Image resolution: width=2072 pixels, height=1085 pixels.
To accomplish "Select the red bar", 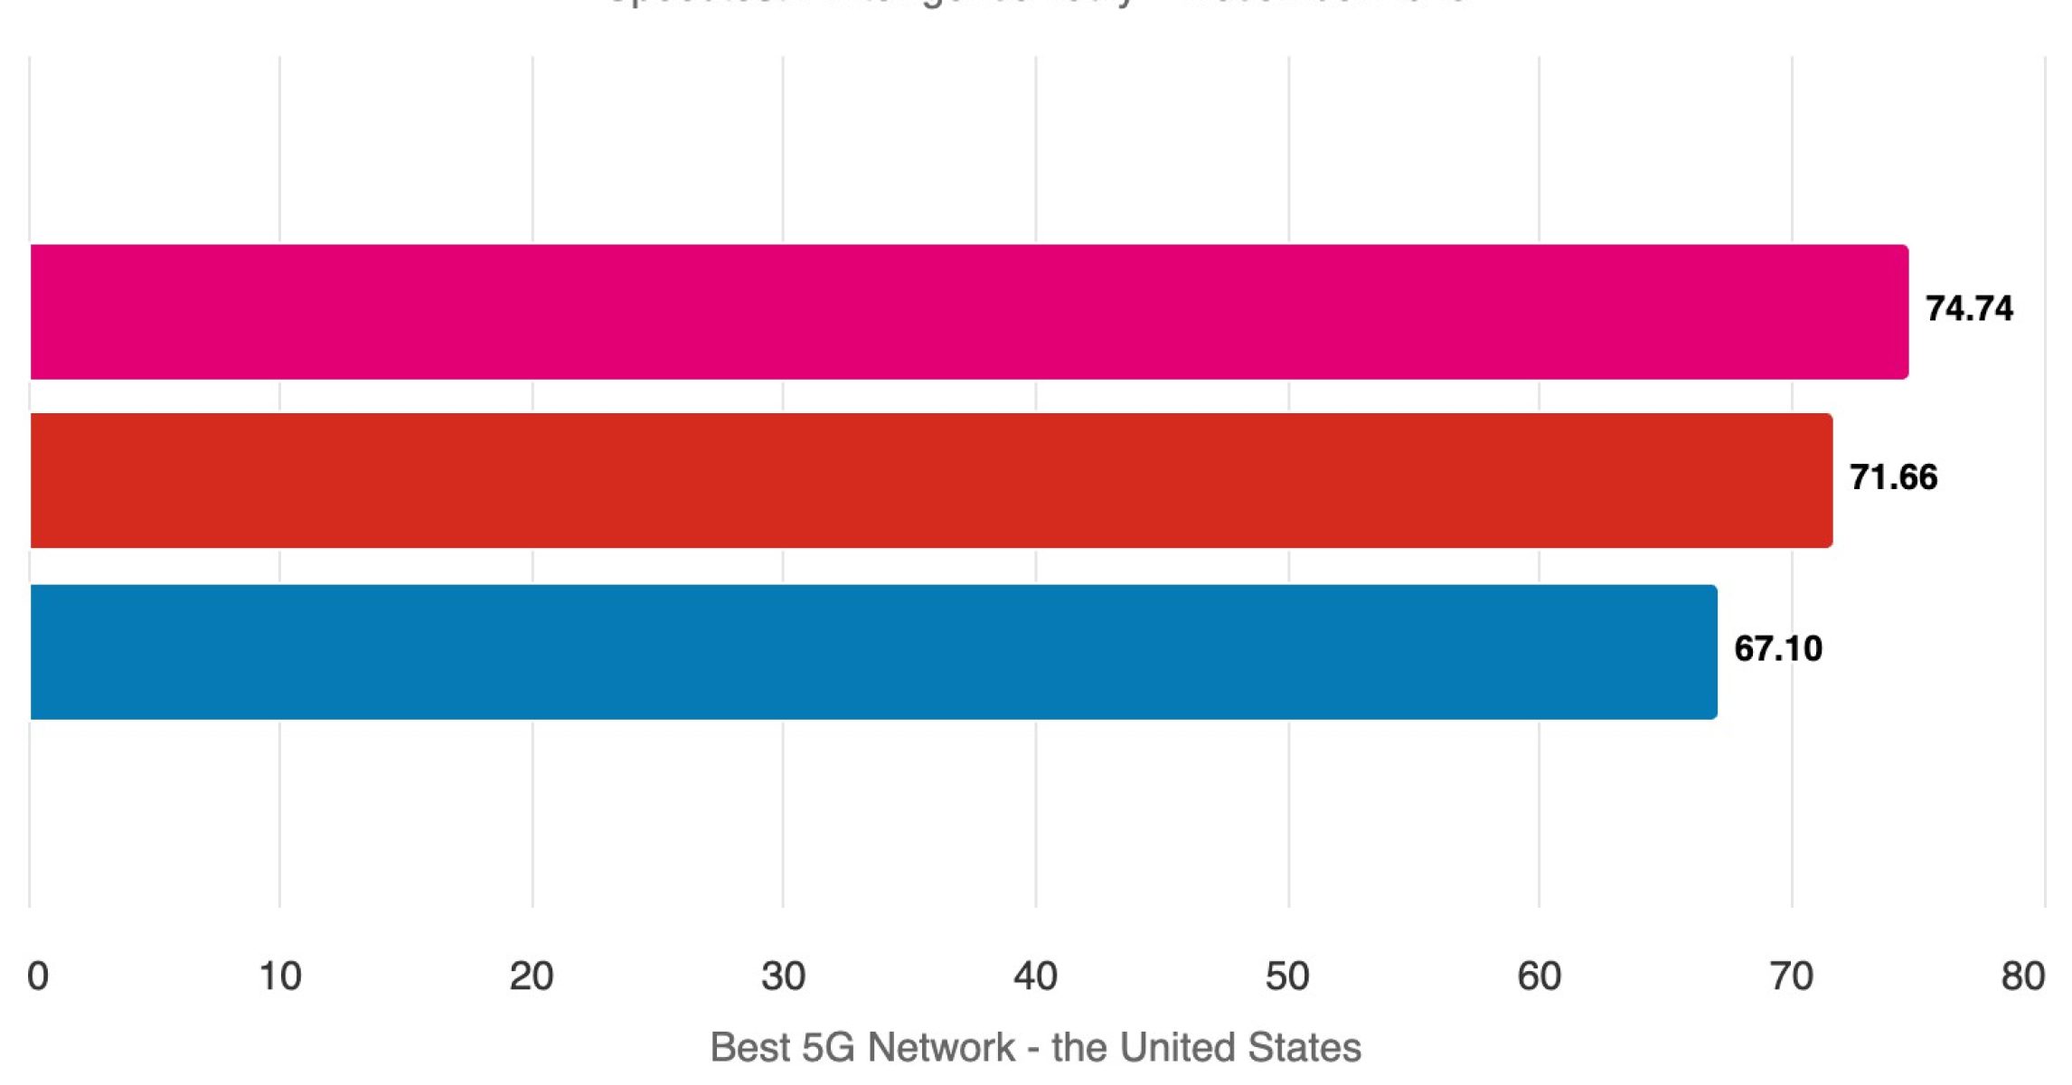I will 931,481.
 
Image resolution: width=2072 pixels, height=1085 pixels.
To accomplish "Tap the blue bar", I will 873,652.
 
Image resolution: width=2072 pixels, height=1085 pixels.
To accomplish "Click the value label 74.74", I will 1969,309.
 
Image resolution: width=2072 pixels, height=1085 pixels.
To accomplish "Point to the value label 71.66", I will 1893,477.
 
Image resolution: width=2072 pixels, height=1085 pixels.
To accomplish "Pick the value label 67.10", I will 1777,649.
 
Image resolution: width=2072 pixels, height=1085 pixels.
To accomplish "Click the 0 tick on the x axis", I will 38,976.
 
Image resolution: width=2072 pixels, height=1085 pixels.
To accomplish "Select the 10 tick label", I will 279,976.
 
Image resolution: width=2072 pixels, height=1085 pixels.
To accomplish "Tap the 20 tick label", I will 532,976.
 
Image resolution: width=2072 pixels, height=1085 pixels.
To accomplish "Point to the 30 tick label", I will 783,976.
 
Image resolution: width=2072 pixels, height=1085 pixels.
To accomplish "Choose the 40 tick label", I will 1035,976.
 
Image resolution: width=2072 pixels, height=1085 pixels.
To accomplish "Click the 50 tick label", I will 1287,976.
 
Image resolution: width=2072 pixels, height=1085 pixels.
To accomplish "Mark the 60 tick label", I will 1539,976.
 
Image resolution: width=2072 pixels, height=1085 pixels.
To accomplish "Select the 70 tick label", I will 1791,976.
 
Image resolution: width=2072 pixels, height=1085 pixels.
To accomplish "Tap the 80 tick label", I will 2023,976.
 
